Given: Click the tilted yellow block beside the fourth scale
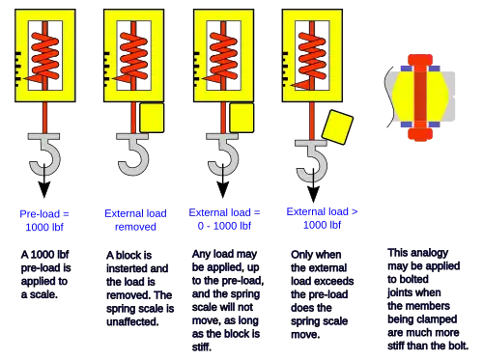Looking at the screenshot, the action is (337, 127).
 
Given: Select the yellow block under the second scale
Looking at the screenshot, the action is (152, 118).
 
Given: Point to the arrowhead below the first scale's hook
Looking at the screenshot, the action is (44, 189).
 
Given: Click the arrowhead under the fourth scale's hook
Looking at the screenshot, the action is (313, 194).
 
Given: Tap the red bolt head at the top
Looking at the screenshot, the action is (420, 60).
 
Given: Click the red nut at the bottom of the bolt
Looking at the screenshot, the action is (420, 134).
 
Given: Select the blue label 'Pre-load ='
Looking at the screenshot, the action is (44, 214).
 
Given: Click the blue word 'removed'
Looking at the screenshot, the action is (135, 227).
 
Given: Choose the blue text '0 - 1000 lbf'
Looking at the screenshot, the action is (224, 226).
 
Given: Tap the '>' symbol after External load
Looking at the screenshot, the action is (355, 211).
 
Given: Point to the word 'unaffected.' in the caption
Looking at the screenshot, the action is (132, 321).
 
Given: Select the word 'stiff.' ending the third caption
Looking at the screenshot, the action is (202, 347).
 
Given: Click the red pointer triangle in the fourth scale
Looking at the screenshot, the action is (300, 85).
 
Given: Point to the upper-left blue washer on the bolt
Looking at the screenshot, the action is (407, 69).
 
